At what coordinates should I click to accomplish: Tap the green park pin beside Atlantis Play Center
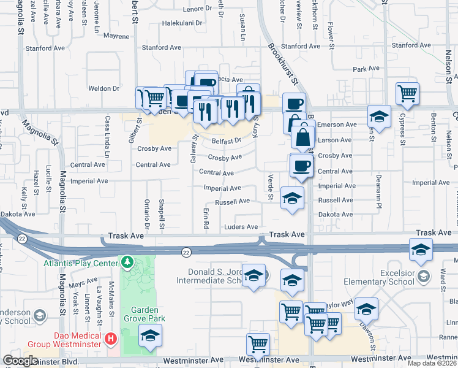point(127,263)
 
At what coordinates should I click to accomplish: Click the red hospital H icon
point(110,338)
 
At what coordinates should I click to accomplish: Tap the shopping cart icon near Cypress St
point(407,94)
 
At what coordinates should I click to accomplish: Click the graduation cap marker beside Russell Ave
point(292,198)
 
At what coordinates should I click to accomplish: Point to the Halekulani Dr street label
point(182,23)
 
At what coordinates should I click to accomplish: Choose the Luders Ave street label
point(241,227)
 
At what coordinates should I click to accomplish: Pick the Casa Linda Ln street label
point(107,136)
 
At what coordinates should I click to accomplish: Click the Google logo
point(20,361)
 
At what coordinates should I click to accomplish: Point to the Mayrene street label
point(116,36)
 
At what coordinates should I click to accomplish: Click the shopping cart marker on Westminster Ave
point(258,345)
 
